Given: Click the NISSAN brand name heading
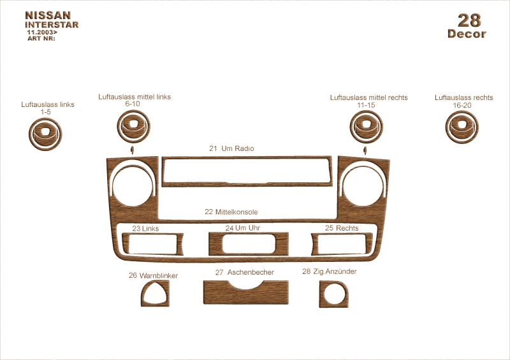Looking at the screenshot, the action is [x=48, y=15].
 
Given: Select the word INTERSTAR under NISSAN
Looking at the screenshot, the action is [x=52, y=25].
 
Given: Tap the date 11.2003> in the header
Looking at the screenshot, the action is [x=42, y=32].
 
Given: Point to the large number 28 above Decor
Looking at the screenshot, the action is [x=469, y=20].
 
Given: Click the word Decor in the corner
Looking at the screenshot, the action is [x=467, y=34].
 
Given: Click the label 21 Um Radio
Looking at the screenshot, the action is [x=231, y=148].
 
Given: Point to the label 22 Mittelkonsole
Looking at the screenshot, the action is [x=231, y=212].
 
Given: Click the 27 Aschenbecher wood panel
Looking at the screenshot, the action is [x=246, y=296].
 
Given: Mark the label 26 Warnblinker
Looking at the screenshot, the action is [x=153, y=275].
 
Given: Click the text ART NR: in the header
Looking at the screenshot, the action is [x=41, y=38].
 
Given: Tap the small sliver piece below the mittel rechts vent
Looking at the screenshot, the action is [x=365, y=150].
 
